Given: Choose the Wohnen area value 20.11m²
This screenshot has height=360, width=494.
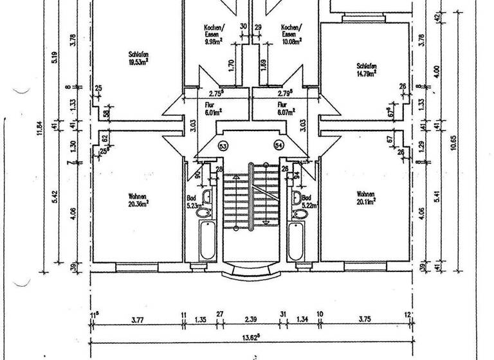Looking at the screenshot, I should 366,201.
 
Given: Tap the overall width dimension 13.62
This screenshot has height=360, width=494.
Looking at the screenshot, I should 249,336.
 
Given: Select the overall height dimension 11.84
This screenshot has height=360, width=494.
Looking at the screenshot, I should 40,129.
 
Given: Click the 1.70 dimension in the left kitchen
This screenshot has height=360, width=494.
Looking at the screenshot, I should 232,64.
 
